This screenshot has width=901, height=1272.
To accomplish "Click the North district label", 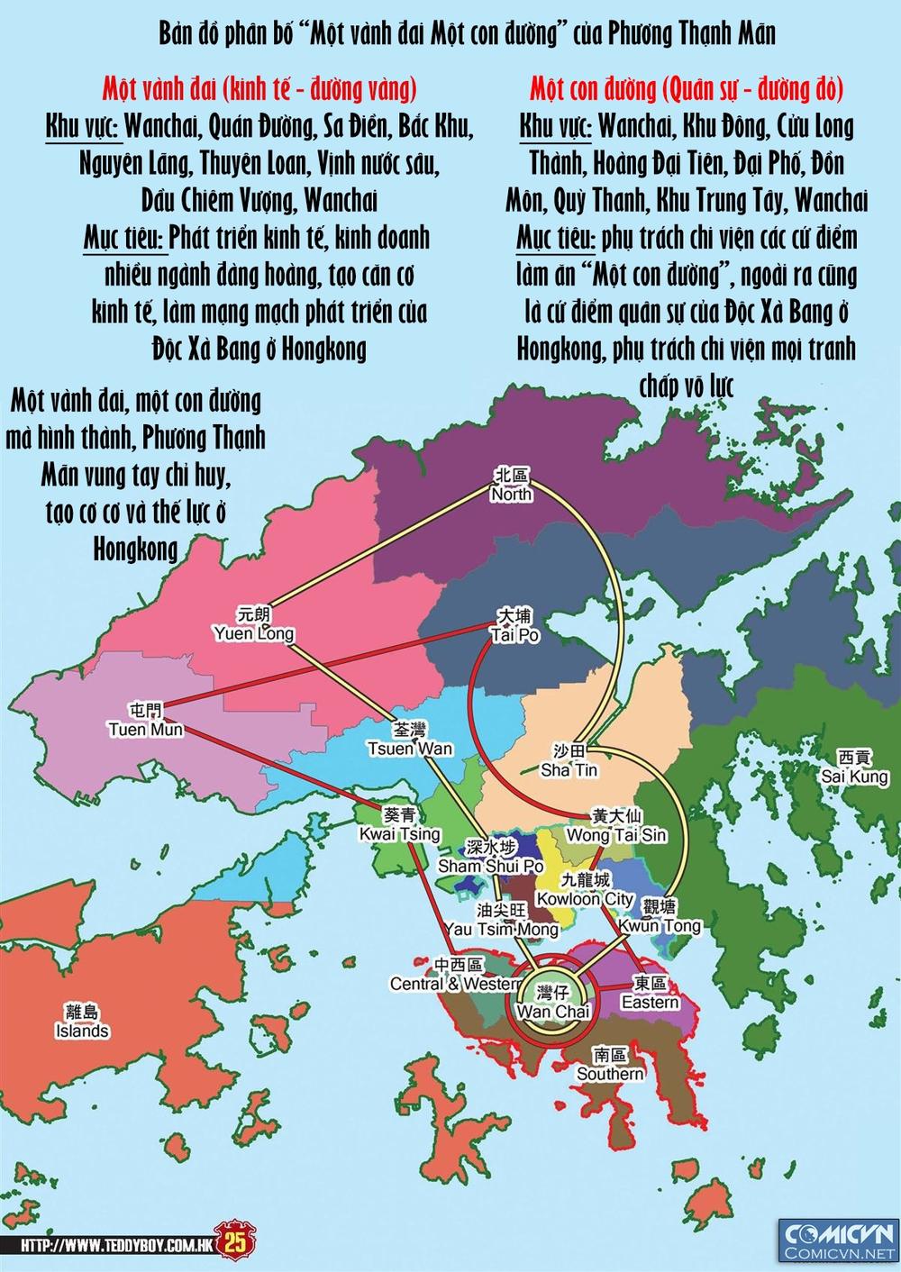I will pyautogui.click(x=511, y=486).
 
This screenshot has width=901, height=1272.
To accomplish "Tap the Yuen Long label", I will pyautogui.click(x=253, y=624).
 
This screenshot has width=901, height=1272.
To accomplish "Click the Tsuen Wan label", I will pyautogui.click(x=410, y=739).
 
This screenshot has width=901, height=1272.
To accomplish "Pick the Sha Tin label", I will pyautogui.click(x=569, y=761).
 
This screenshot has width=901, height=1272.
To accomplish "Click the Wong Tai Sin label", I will pyautogui.click(x=616, y=826).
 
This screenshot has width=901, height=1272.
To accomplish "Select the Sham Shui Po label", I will pyautogui.click(x=490, y=857).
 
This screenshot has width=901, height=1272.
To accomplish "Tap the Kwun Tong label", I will pyautogui.click(x=659, y=916).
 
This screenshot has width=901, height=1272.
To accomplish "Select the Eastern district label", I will pyautogui.click(x=650, y=993).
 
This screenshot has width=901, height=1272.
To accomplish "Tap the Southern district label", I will pyautogui.click(x=610, y=1064).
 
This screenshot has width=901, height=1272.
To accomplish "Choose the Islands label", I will pyautogui.click(x=82, y=1022).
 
